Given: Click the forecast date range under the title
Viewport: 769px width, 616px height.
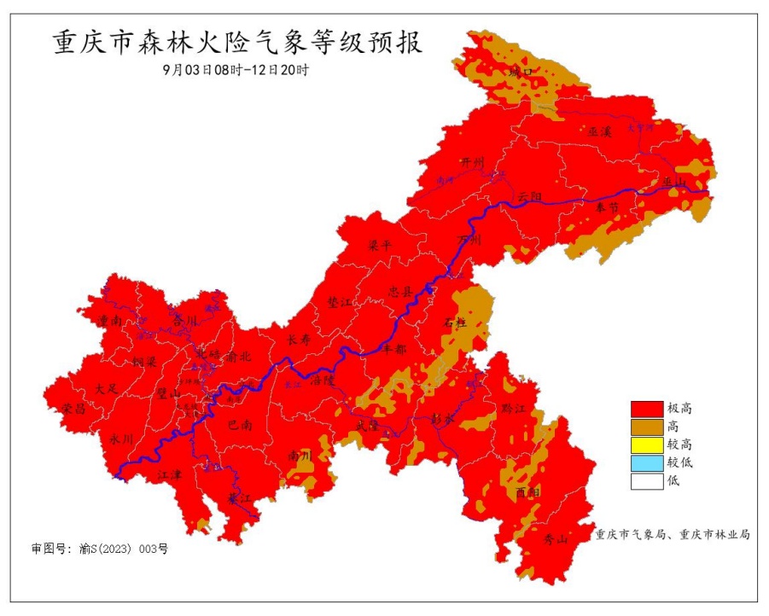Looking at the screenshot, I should (x=236, y=71).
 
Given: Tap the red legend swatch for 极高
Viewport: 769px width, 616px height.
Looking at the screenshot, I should (x=646, y=408).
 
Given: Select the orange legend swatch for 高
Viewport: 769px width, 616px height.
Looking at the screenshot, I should (x=646, y=426).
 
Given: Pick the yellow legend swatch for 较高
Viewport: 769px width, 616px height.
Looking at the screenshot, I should (x=646, y=444).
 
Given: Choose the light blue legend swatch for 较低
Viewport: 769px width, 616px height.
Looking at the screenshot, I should (x=646, y=462).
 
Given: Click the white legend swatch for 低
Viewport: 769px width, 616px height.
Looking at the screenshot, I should (x=646, y=480).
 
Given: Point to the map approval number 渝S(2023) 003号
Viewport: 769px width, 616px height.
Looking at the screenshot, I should (x=100, y=549).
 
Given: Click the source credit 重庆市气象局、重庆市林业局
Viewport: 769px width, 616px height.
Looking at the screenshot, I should (x=673, y=534).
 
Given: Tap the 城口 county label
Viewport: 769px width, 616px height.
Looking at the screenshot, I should (x=520, y=73).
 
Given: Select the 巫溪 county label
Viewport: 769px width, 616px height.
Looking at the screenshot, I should (x=600, y=132).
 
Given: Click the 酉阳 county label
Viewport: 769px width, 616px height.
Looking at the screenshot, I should (x=527, y=492).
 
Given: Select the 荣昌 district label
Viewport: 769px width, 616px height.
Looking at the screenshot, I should (x=74, y=409).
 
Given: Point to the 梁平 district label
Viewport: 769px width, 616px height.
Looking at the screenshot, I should (x=379, y=244).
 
